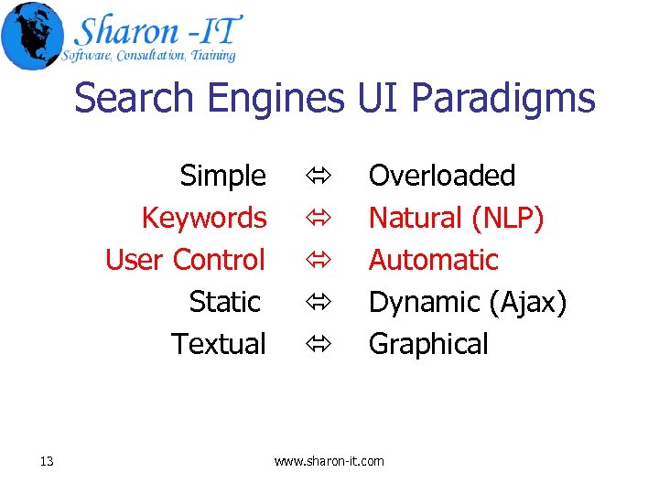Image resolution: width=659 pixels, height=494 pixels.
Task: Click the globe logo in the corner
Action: coord(32,35)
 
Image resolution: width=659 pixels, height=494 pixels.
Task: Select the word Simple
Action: coord(222,175)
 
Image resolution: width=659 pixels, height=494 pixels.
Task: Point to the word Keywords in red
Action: coord(203,218)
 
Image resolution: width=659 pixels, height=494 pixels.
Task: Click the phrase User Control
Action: coord(185,260)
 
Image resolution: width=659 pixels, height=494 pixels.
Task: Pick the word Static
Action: coord(225,301)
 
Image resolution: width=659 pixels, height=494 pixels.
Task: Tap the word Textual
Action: coord(218,344)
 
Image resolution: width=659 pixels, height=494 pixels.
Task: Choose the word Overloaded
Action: coord(441,175)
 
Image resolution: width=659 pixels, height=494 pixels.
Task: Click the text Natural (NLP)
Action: coord(456,218)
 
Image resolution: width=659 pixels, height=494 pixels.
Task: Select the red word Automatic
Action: coord(433,260)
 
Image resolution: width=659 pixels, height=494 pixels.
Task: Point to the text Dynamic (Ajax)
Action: coord(467,302)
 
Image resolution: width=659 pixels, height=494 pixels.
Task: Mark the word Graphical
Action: coord(428,344)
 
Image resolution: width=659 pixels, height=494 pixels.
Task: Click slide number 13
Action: coord(47,461)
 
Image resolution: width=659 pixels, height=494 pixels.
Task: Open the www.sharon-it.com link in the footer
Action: coord(329,461)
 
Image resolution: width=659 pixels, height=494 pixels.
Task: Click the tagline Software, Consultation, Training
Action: coord(148,56)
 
